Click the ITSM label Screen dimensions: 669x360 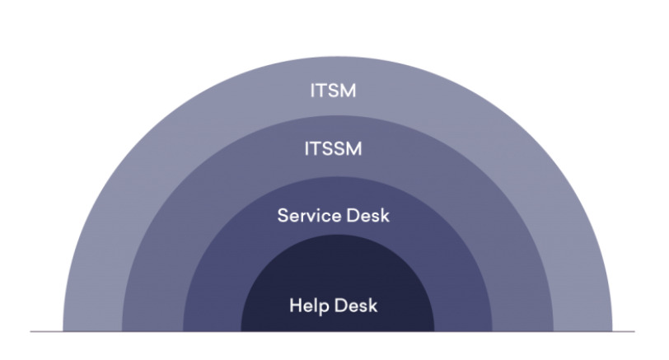(333, 91)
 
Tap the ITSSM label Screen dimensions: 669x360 (333, 149)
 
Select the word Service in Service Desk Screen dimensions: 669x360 (308, 215)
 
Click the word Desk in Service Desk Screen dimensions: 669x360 (367, 215)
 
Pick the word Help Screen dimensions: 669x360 (309, 306)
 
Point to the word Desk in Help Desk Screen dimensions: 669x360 (356, 306)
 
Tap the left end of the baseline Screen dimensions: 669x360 (30, 331)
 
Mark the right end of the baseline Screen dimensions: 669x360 (634, 331)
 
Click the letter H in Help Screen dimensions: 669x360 (296, 306)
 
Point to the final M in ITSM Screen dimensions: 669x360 (349, 91)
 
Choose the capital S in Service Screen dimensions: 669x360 (283, 215)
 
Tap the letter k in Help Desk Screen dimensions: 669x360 (373, 306)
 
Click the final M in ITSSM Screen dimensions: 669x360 (354, 149)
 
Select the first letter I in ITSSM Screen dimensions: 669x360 (306, 149)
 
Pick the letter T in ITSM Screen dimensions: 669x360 (319, 91)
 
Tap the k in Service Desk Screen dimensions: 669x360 (385, 215)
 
